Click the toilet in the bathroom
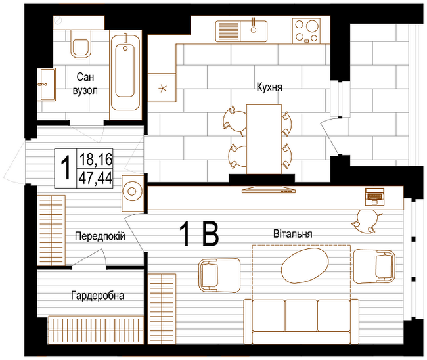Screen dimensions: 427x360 (81, 43)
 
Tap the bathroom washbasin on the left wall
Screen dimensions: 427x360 (47, 85)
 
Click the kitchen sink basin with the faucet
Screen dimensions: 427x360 (254, 32)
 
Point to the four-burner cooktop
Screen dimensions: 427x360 (306, 31)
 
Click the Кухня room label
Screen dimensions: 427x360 (269, 87)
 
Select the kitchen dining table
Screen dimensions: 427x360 (264, 139)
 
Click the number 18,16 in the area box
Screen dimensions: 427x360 (96, 159)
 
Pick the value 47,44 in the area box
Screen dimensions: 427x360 (96, 179)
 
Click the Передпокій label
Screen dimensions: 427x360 (100, 236)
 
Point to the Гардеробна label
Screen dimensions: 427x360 (98, 296)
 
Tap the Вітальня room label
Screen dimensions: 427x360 (293, 234)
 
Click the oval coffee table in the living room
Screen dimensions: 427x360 (305, 265)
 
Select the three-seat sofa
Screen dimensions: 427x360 (301, 321)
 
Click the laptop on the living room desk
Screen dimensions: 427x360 (374, 196)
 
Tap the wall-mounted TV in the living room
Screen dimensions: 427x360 (269, 190)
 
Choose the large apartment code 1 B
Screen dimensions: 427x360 (199, 234)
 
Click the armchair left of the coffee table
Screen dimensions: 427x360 (219, 275)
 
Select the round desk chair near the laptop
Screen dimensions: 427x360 (367, 221)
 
